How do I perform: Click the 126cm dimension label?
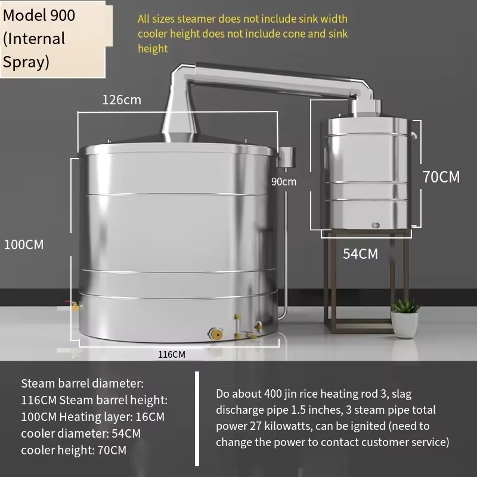pos(122,100)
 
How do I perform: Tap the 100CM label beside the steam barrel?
pos(24,244)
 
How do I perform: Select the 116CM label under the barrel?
pos(172,354)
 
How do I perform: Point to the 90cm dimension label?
pos(284,182)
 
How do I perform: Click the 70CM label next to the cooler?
pos(441,177)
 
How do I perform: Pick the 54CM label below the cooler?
pos(361,254)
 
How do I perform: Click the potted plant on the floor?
pos(405,318)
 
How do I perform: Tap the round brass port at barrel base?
pos(216,334)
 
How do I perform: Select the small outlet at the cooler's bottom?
pos(376,225)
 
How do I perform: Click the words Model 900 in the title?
pos(39,16)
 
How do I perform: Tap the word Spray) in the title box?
pos(26,63)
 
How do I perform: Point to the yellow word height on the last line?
pos(153,49)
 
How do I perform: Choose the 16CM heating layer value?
pos(150,417)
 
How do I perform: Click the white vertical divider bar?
pos(197,419)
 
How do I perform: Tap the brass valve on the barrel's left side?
pos(75,305)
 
